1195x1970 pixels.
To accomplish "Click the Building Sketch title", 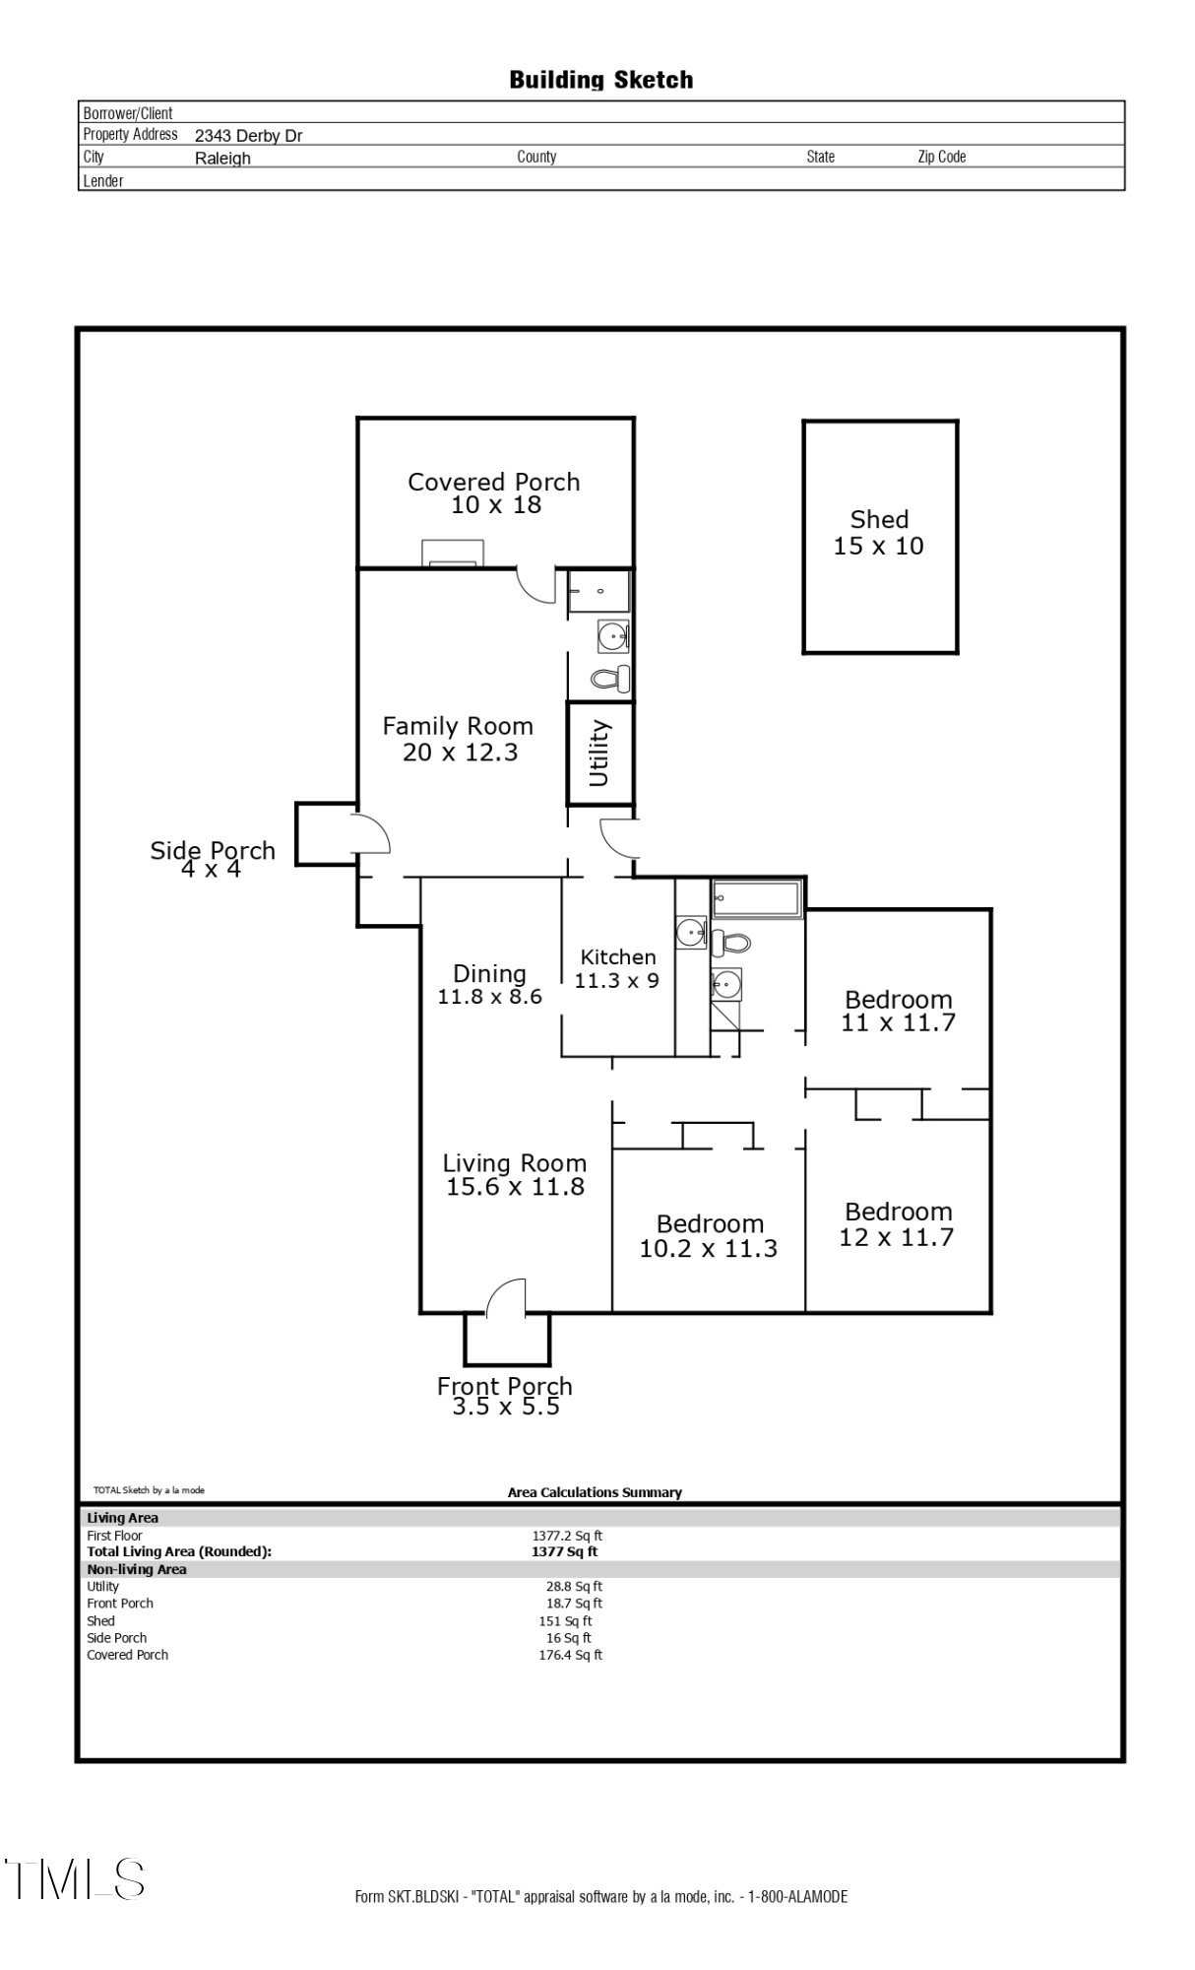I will pyautogui.click(x=600, y=80).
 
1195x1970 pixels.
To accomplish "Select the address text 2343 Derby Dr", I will pyautogui.click(x=248, y=136).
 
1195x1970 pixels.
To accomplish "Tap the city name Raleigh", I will pyautogui.click(x=222, y=159).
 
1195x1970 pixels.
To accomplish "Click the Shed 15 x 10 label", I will pyautogui.click(x=879, y=533).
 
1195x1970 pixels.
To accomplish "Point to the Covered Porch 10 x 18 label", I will pyautogui.click(x=494, y=492).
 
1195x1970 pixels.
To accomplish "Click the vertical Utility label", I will pyautogui.click(x=598, y=754).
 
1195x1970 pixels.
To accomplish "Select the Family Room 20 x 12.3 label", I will pyautogui.click(x=459, y=739).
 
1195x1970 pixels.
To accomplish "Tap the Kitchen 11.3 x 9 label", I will pyautogui.click(x=617, y=968).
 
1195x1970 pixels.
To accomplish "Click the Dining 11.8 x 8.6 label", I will pyautogui.click(x=489, y=984).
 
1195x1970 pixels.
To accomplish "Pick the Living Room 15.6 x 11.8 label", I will pyautogui.click(x=515, y=1174).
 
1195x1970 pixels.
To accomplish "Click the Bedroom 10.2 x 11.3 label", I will pyautogui.click(x=710, y=1235).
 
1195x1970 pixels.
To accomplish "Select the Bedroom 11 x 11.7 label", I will pyautogui.click(x=898, y=1011).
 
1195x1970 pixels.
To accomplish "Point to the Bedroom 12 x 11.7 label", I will pyautogui.click(x=898, y=1223).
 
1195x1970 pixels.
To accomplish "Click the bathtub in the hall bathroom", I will pyautogui.click(x=756, y=898).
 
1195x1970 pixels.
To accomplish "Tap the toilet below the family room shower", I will pyautogui.click(x=610, y=678).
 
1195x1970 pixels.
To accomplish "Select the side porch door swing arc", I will pyautogui.click(x=375, y=833).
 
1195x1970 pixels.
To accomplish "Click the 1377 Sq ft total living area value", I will pyautogui.click(x=564, y=1551).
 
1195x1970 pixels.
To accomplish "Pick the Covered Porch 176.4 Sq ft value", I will pyautogui.click(x=570, y=1655).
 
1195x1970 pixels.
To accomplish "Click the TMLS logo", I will pyautogui.click(x=75, y=1879).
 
